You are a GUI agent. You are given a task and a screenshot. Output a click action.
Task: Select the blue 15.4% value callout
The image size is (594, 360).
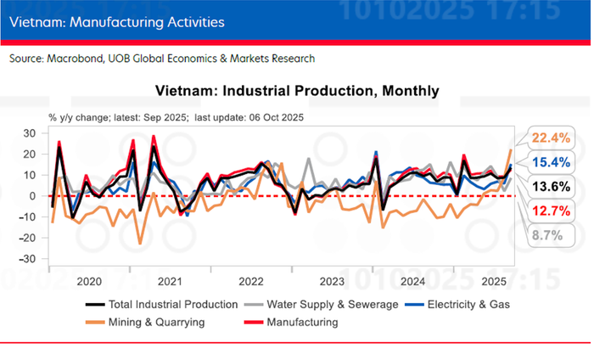[546, 161]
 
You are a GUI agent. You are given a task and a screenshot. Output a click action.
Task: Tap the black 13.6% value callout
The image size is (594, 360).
[546, 186]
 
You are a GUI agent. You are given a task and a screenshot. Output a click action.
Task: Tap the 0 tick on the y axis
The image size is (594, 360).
[32, 196]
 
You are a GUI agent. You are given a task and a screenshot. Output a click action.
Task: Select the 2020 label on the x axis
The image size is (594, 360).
[89, 280]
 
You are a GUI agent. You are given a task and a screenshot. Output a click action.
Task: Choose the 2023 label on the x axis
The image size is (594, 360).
[332, 280]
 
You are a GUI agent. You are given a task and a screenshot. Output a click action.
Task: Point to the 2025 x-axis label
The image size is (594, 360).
[493, 280]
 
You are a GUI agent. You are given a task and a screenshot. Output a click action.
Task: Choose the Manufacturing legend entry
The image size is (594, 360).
[302, 322]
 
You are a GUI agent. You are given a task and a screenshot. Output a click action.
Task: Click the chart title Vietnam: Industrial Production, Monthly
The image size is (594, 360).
[298, 90]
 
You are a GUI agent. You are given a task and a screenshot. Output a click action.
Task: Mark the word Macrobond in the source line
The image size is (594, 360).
[79, 59]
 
